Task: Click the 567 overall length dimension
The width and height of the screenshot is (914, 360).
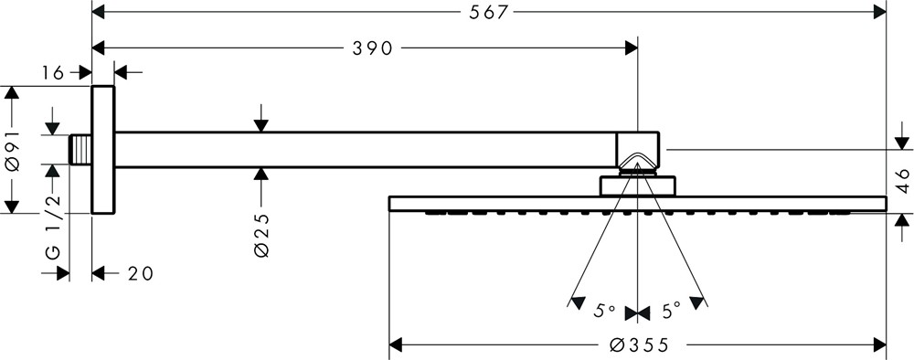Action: (x=488, y=12)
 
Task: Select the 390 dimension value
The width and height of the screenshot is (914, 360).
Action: (x=373, y=48)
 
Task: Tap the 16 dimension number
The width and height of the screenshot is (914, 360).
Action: (x=52, y=73)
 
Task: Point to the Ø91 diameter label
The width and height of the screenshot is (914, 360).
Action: (x=12, y=150)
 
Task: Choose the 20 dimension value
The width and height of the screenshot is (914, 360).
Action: (x=140, y=273)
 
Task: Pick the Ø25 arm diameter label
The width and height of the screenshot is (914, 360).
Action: (x=261, y=236)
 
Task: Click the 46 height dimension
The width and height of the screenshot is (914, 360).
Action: (x=902, y=181)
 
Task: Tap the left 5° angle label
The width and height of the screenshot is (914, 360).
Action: (x=604, y=312)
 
